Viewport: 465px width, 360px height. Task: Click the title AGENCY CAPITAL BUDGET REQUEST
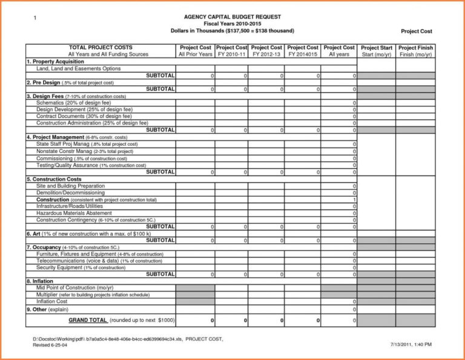tap(233, 16)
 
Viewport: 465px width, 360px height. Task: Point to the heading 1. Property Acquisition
tap(51, 62)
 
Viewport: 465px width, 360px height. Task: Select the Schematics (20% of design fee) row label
tap(73, 103)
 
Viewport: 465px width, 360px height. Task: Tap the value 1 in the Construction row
tap(354, 200)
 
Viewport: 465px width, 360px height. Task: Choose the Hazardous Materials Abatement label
tap(74, 213)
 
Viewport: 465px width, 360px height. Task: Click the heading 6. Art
tap(36, 234)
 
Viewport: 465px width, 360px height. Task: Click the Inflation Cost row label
tap(52, 301)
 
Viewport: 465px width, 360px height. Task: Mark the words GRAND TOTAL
tap(88, 319)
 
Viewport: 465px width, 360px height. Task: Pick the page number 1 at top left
tap(35, 18)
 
